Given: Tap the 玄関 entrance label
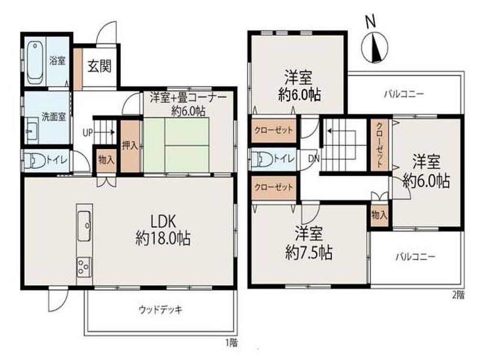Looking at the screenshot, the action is (x=99, y=66).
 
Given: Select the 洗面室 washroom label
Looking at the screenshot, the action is (x=53, y=117).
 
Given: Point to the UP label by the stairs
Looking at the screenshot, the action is (x=88, y=133).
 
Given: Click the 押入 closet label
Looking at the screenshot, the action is (x=130, y=145).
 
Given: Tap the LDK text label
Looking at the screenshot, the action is (x=163, y=222).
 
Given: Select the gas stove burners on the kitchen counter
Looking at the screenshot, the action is (x=84, y=267).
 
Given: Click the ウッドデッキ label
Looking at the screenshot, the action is (x=160, y=309).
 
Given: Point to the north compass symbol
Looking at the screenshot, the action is (x=374, y=47).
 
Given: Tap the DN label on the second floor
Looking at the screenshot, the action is (x=314, y=159).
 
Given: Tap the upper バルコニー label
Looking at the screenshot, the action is (x=404, y=94).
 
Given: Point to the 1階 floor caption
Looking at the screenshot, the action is (x=232, y=343).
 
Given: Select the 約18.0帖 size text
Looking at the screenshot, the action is (x=163, y=239).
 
